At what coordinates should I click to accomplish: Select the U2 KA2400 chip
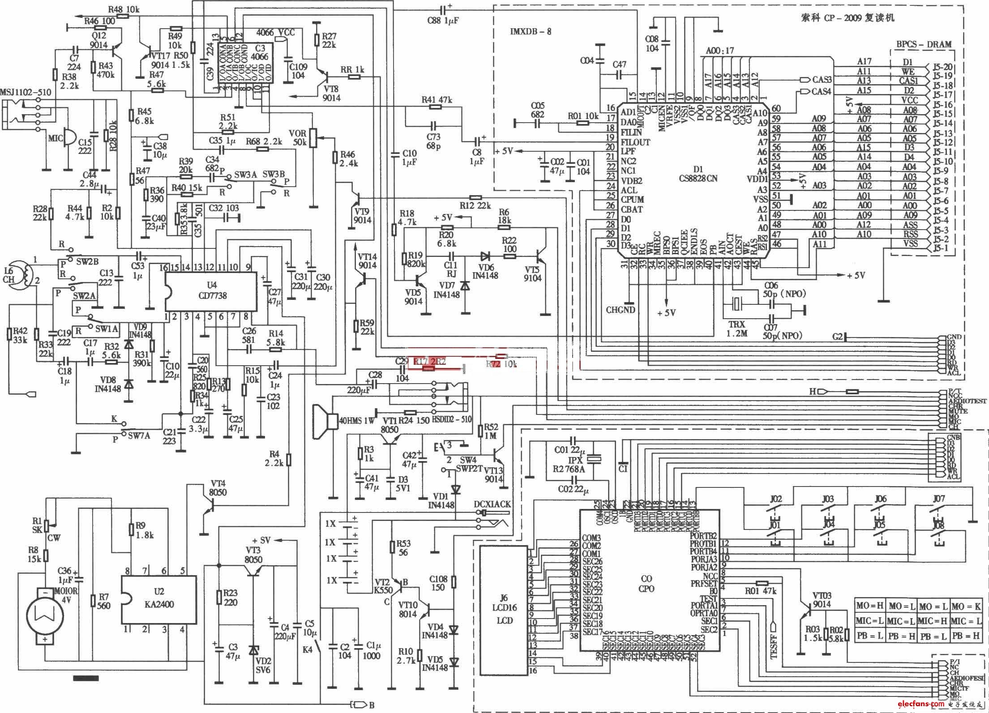click(x=159, y=599)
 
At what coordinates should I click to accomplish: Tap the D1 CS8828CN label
click(x=698, y=174)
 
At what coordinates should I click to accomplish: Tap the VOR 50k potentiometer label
click(x=298, y=138)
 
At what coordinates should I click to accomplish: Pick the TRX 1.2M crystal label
click(x=736, y=329)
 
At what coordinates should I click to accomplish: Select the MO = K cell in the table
click(x=966, y=606)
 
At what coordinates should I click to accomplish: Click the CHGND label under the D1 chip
click(x=620, y=310)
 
